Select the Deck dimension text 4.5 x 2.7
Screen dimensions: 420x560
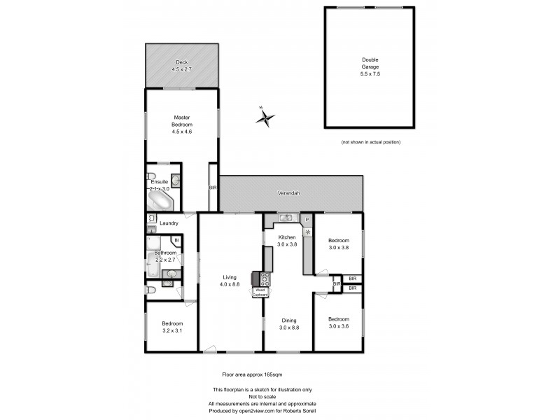click(183, 69)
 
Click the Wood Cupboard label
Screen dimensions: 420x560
click(260, 292)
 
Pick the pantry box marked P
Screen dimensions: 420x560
click(307, 220)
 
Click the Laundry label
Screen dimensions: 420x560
click(169, 223)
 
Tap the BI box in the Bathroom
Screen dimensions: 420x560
click(176, 240)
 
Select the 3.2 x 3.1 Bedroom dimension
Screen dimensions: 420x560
click(171, 330)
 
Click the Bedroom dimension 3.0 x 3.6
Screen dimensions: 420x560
click(339, 325)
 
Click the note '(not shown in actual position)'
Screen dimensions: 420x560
click(370, 142)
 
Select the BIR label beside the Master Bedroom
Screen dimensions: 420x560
click(213, 188)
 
